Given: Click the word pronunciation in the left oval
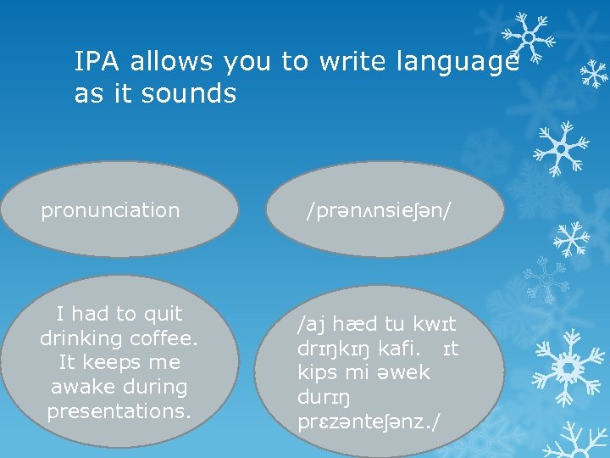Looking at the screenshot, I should [x=110, y=210].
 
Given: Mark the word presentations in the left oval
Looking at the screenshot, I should [x=119, y=411].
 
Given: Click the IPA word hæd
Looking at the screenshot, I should [x=349, y=325].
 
